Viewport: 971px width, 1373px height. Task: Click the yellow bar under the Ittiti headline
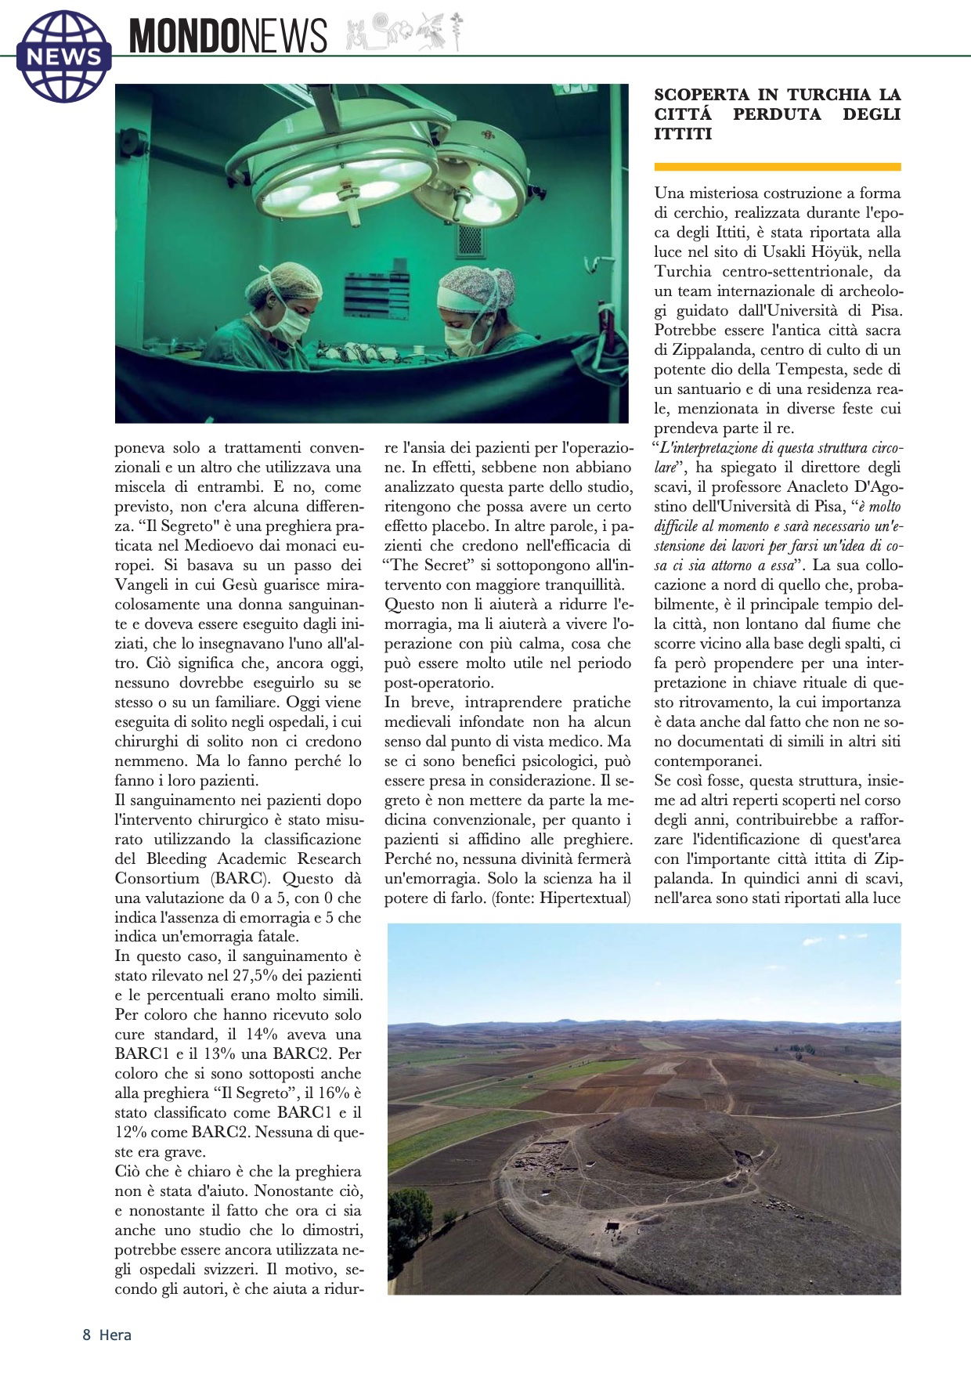(x=777, y=167)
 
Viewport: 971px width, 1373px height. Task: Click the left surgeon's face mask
(x=289, y=322)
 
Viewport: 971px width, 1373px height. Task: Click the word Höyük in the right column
(x=853, y=251)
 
